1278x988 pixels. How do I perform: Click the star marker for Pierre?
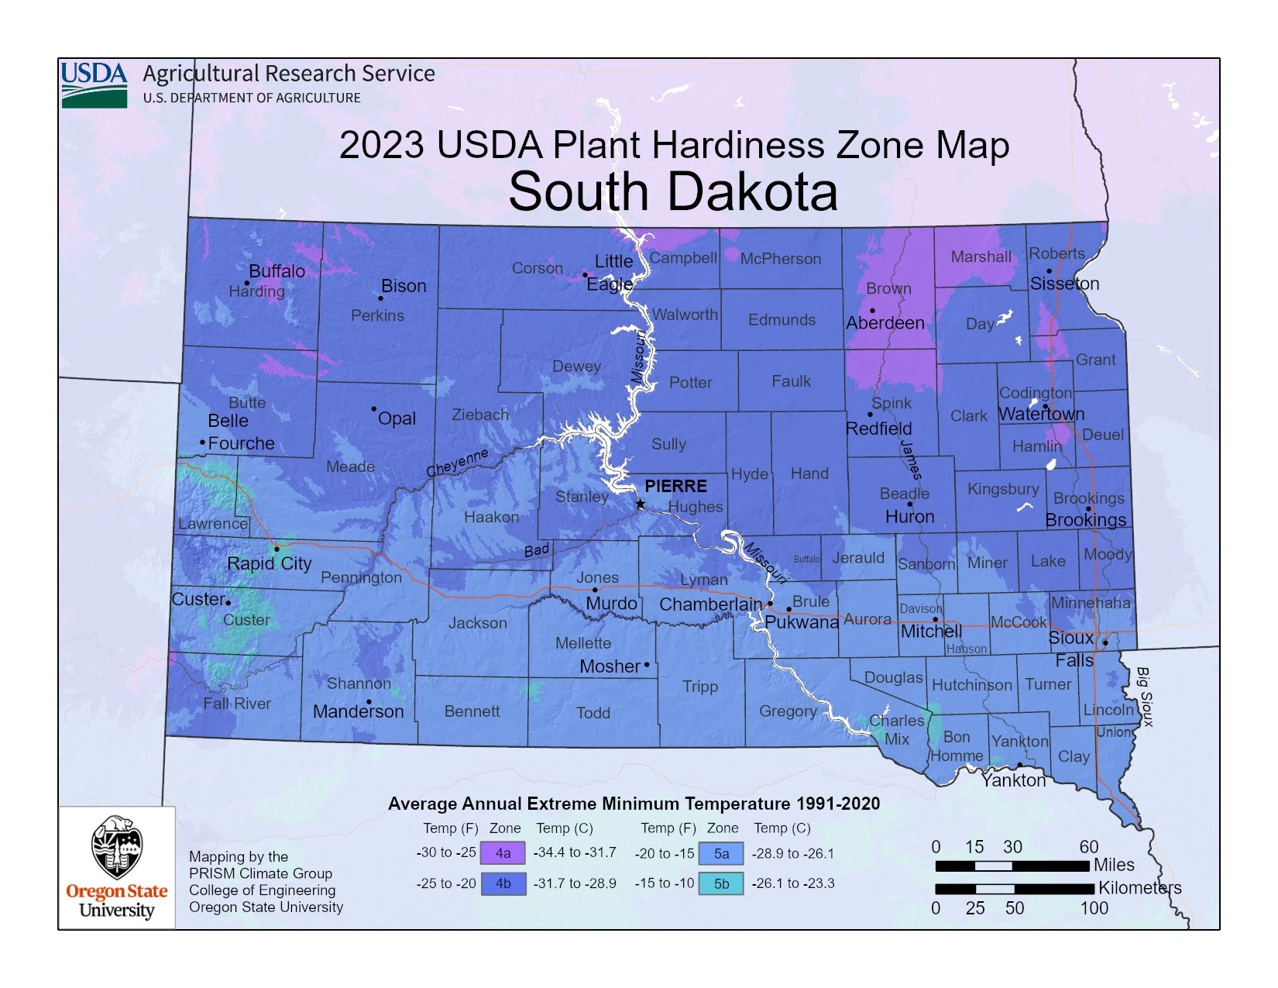point(641,504)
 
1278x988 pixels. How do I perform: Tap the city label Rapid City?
point(269,563)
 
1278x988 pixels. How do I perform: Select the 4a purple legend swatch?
point(503,853)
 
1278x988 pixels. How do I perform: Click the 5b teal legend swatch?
point(720,883)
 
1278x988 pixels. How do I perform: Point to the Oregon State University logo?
point(117,867)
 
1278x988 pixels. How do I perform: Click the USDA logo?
point(94,84)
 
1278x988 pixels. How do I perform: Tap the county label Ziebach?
point(480,415)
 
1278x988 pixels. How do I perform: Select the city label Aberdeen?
point(885,323)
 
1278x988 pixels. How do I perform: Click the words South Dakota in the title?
point(673,191)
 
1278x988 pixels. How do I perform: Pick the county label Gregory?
point(788,711)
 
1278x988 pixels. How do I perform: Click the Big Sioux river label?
point(1143,697)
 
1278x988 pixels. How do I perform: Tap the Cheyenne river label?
point(457,462)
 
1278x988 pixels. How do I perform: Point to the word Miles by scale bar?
point(1114,865)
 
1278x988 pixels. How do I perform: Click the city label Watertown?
point(1041,415)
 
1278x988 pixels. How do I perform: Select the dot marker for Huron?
point(910,504)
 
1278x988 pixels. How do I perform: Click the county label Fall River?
point(237,704)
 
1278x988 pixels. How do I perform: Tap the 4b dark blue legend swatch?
point(503,883)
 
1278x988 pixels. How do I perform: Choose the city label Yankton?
point(1013,780)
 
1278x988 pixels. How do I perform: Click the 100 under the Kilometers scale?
point(1094,908)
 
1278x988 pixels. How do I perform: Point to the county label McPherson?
point(780,259)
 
